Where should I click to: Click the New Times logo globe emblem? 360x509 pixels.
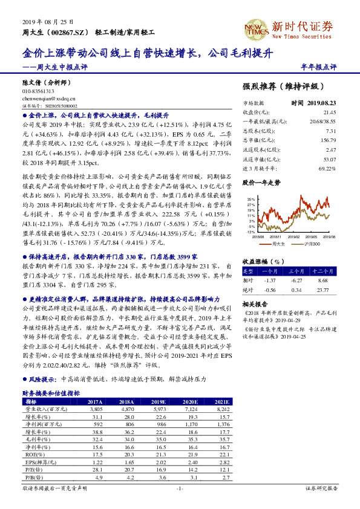pos(256,26)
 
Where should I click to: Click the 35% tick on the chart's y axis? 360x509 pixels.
pos(250,198)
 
